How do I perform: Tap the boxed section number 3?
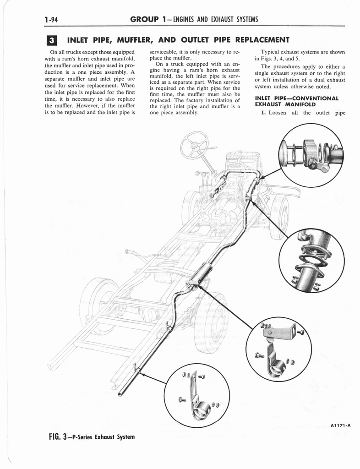tap(52, 40)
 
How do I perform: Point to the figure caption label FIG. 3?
tap(62, 436)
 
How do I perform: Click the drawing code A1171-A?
tap(342, 425)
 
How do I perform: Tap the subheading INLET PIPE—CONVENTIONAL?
tap(296, 98)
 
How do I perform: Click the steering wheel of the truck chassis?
tap(194, 145)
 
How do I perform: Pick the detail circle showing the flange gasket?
tap(311, 261)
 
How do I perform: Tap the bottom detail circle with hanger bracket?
tap(196, 395)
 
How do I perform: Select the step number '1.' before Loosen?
tap(263, 113)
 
